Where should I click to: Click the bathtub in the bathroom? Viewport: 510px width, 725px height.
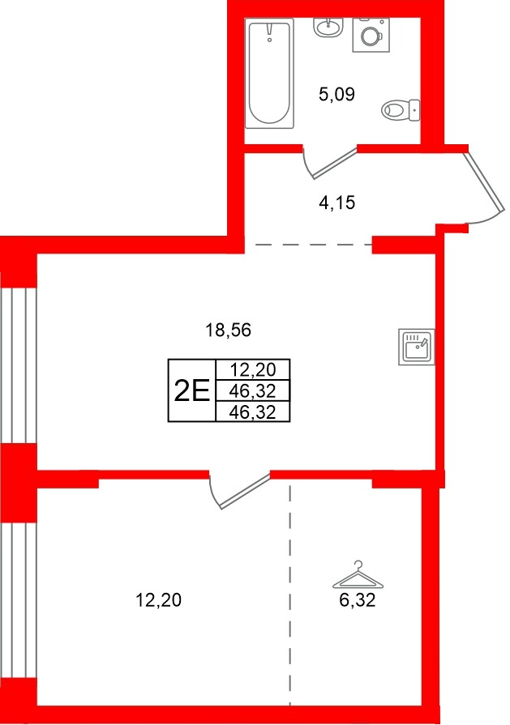269,75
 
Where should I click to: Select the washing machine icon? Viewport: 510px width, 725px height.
371,35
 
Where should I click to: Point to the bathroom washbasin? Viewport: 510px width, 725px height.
329,27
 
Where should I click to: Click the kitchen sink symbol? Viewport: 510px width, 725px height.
418,347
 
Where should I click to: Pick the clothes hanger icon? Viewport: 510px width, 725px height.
358,577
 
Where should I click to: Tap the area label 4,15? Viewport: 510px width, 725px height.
336,203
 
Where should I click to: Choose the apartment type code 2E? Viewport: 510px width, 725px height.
192,391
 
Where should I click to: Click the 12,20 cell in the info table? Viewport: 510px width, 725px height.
253,370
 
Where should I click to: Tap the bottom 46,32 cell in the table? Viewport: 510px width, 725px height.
253,412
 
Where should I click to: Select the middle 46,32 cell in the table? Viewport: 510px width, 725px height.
253,391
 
